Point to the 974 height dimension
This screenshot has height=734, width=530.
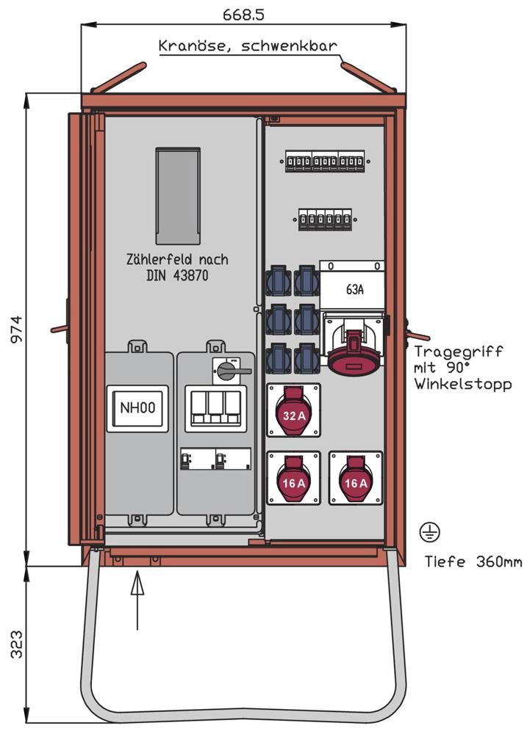pos(15,330)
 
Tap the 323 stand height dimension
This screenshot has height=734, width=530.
pos(15,643)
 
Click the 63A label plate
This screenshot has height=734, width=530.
pos(354,289)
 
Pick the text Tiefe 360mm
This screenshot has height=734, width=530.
pos(473,562)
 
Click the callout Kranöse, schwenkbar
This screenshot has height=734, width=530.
pos(248,46)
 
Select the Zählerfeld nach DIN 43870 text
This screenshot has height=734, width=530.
pos(177,266)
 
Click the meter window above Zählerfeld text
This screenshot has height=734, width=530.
pos(178,196)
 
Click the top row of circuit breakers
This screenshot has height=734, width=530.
pos(325,161)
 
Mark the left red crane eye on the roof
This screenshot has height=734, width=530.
pos(118,78)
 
